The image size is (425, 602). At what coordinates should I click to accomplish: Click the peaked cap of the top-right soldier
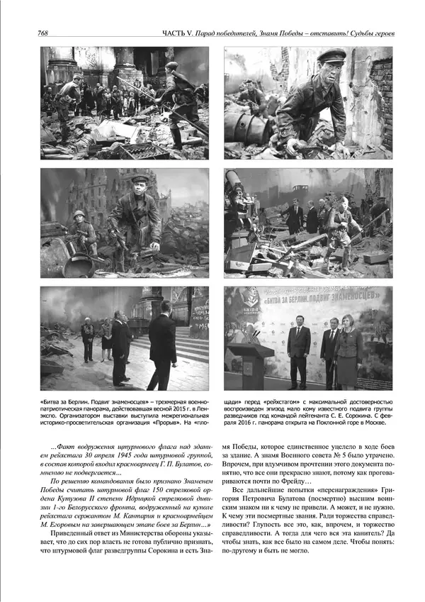point(331,56)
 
